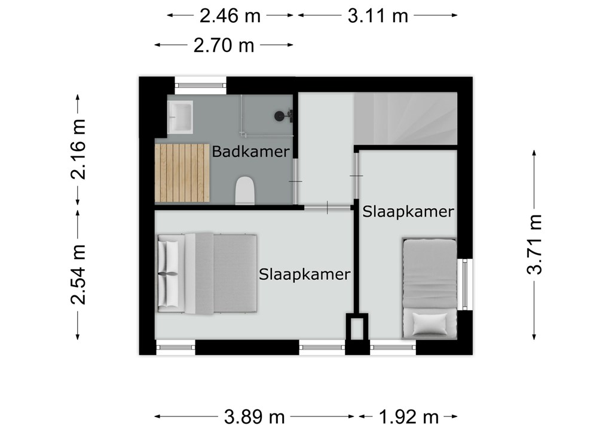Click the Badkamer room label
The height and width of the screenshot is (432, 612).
pos(250,152)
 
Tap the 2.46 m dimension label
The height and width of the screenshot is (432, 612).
pos(230,16)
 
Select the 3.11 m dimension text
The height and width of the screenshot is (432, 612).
pos(378,16)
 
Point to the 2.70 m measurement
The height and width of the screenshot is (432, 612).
pos(224,45)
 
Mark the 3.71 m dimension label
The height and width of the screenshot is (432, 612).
pos(534,244)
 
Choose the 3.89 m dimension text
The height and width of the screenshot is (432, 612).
pos(254,417)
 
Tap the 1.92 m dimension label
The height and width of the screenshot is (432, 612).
pos(408,417)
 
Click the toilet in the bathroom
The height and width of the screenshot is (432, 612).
pos(245,190)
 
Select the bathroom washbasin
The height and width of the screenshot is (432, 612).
pos(180,118)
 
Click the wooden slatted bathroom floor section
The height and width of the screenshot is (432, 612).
pos(182,174)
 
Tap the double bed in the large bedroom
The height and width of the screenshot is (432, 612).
pos(207,273)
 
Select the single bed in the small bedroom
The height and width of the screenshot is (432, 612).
pos(429,288)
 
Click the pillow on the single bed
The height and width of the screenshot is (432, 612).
pos(430,324)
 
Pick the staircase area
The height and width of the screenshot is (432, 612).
pos(406,118)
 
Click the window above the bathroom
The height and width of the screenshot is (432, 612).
pos(200,85)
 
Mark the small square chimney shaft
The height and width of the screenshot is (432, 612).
pos(357,328)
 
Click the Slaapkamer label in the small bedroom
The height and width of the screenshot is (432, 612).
pos(408,212)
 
